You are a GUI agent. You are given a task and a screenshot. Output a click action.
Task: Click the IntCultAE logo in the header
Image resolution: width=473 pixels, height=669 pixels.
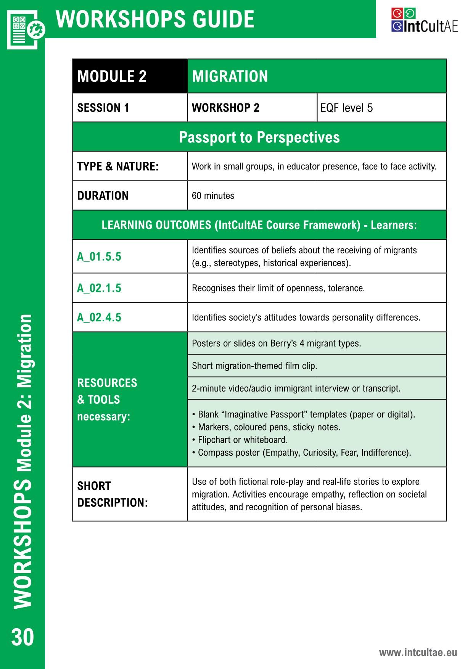[424, 20]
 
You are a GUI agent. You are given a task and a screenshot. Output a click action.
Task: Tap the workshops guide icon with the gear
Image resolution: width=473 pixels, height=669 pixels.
[25, 30]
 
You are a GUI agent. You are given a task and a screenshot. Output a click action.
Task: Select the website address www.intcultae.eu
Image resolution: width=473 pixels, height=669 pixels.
[418, 652]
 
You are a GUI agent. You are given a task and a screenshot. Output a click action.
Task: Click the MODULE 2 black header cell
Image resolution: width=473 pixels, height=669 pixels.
[112, 76]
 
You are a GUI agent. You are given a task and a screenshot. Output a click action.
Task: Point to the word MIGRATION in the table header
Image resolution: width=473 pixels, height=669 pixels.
[230, 76]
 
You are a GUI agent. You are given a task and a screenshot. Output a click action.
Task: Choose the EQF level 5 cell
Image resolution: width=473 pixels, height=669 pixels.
[346, 108]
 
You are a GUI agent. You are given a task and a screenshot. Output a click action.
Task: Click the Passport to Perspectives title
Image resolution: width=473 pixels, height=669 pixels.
[259, 137]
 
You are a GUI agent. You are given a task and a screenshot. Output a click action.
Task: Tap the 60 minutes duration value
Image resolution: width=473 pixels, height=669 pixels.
[213, 196]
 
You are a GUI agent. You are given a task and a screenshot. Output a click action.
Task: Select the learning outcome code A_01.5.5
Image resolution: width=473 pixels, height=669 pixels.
[99, 256]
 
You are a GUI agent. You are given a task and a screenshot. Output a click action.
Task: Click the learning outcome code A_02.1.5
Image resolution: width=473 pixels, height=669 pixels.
[99, 288]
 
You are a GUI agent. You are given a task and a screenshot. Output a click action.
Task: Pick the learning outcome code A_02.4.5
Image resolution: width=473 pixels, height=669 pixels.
[99, 318]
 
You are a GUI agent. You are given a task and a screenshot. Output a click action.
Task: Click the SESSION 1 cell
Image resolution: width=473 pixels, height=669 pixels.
[103, 108]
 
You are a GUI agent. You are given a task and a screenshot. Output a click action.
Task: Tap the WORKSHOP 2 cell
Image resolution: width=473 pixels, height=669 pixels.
[225, 108]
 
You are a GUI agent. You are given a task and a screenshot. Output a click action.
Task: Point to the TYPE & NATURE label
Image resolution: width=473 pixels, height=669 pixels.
[117, 166]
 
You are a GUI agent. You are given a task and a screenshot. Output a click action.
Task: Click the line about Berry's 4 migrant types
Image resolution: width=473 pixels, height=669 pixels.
[276, 343]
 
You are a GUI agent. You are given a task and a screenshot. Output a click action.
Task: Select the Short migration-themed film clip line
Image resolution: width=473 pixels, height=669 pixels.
[254, 366]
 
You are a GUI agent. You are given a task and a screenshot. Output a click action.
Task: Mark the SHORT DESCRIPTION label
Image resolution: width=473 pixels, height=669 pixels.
[112, 494]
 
